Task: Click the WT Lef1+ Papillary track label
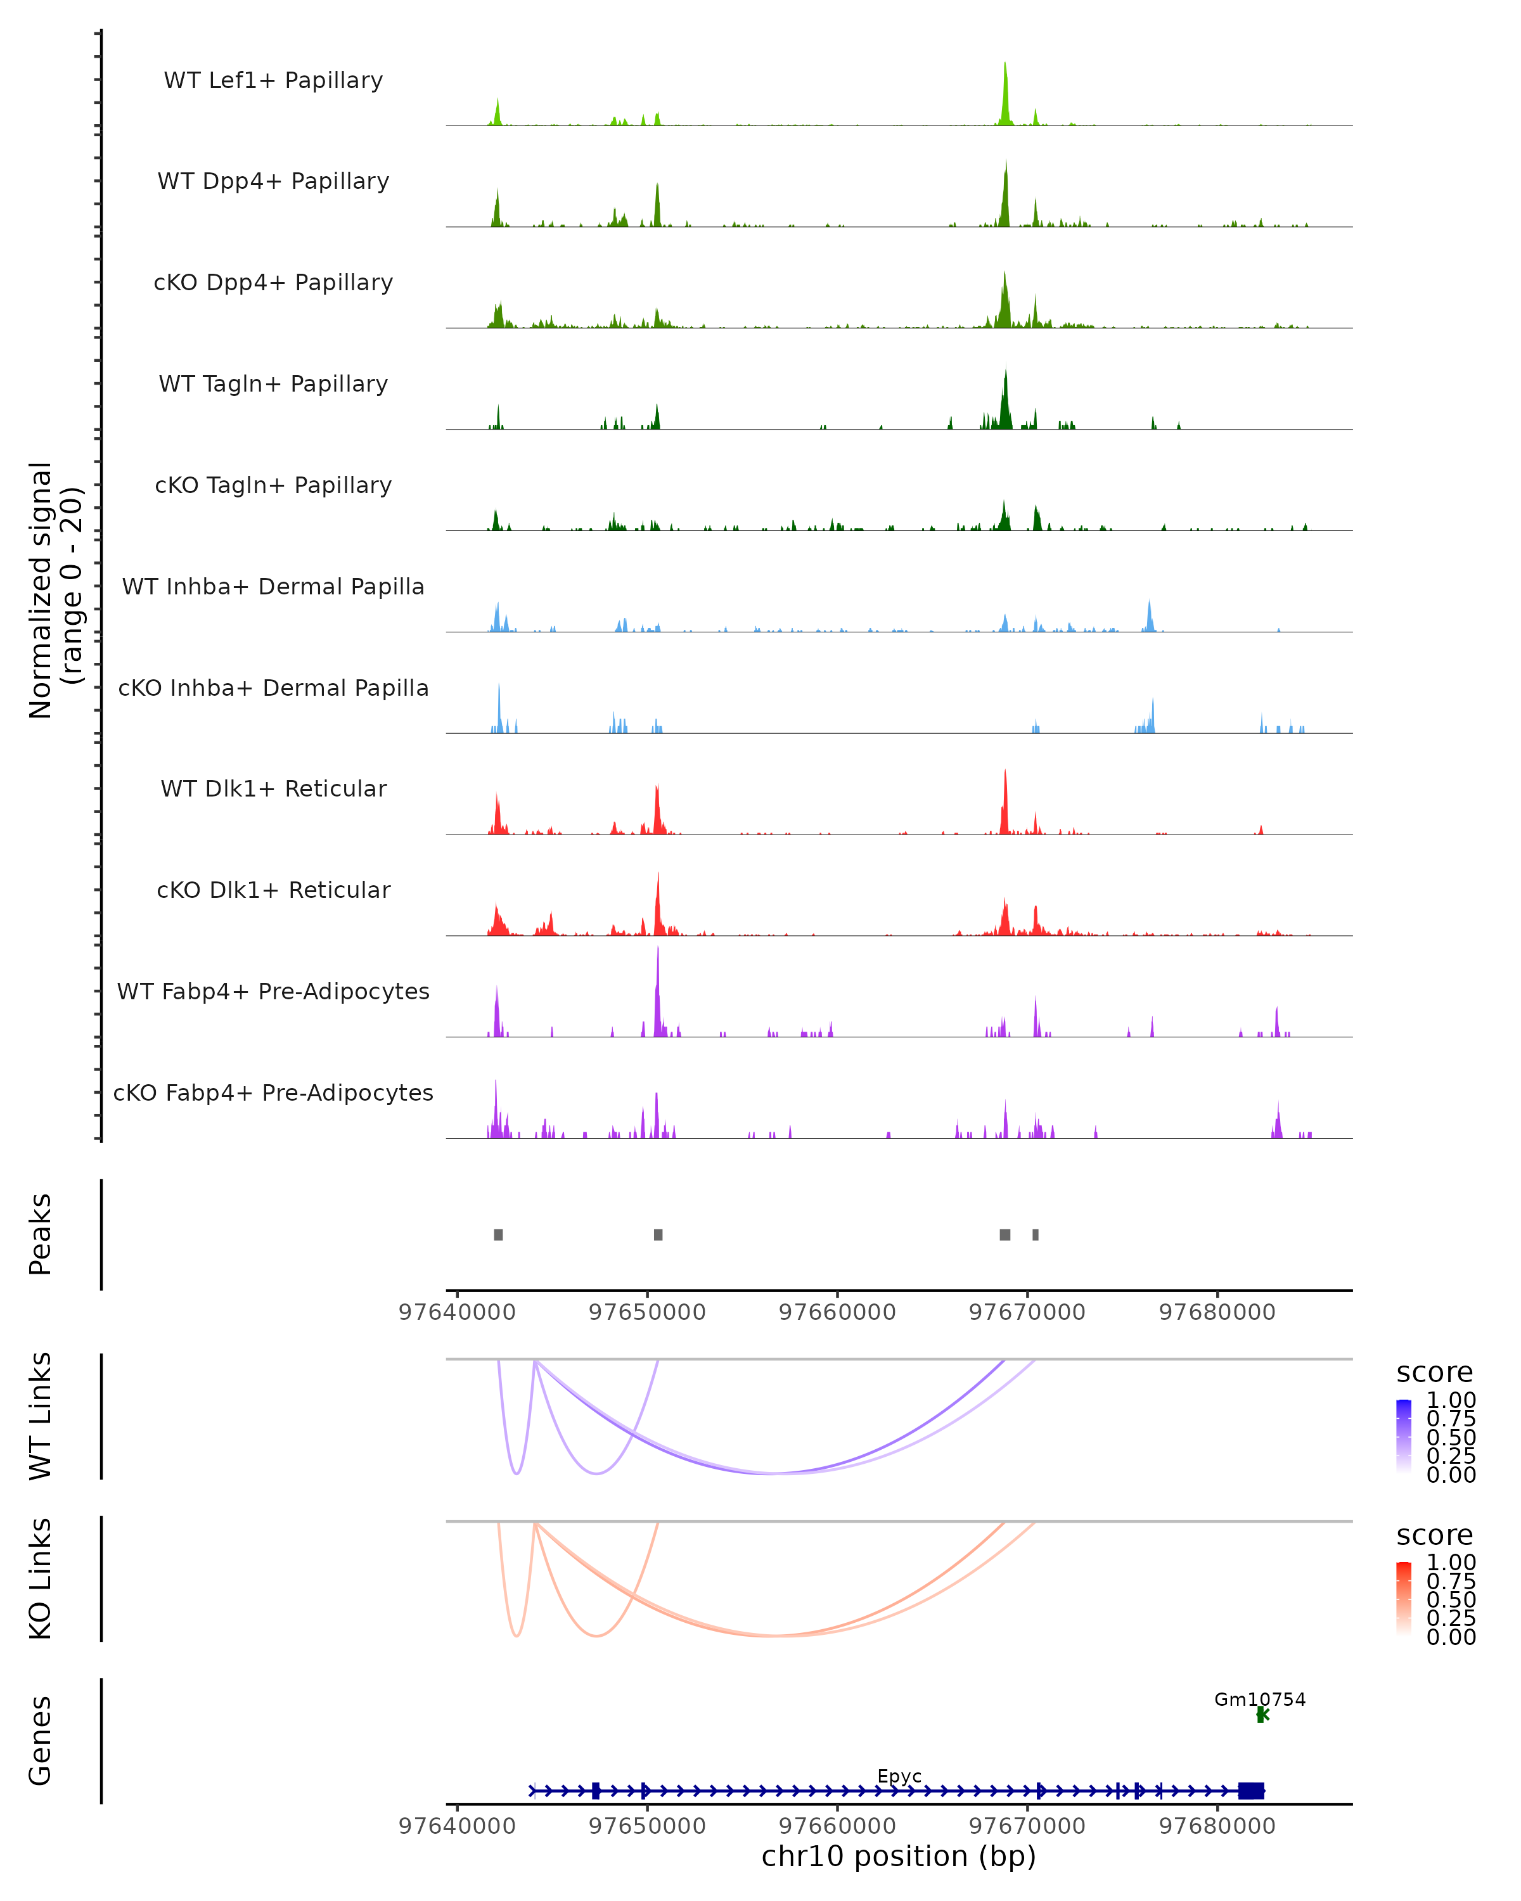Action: click(273, 81)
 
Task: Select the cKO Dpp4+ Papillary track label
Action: click(273, 283)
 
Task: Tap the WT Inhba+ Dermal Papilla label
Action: click(273, 587)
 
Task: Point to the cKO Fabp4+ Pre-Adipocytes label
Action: click(273, 1093)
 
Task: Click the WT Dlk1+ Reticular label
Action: click(273, 789)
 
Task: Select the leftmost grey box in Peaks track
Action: click(498, 1234)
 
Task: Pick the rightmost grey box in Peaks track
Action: click(1035, 1234)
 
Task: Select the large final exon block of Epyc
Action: click(1251, 1791)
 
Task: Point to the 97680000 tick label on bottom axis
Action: click(1217, 1826)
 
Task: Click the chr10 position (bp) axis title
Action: click(899, 1857)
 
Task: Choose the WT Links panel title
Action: click(41, 1416)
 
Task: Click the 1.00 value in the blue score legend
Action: click(1451, 1400)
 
